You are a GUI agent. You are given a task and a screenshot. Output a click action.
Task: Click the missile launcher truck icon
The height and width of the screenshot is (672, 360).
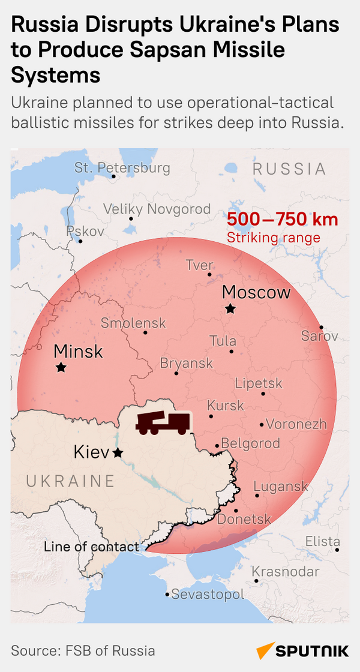coord(163,423)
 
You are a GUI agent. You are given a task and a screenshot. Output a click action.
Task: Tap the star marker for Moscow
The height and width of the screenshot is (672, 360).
coord(230,308)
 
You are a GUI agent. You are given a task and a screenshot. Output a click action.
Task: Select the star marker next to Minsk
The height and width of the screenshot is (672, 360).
coord(61,367)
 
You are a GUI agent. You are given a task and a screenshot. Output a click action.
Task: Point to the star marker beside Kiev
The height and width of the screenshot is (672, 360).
coord(118,452)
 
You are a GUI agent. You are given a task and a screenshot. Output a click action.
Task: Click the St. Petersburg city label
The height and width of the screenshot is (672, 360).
coord(122,167)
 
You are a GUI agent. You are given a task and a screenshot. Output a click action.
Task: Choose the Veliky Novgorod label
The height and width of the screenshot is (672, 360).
coord(157,209)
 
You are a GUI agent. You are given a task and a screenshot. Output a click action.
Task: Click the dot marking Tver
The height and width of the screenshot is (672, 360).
coord(209,275)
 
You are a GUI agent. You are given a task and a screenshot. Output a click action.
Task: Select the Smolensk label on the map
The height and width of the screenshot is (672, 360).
coord(133,323)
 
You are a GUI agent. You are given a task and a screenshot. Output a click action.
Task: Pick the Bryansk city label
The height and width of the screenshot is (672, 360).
coord(187,364)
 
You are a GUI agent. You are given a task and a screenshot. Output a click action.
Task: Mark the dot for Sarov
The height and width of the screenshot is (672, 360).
coord(321,328)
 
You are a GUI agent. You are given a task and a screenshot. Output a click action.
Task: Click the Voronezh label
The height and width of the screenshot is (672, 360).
coord(296,424)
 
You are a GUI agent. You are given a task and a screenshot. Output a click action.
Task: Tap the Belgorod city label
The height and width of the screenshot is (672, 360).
coord(251,443)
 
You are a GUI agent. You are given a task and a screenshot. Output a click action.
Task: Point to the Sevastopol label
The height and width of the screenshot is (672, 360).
coord(208,595)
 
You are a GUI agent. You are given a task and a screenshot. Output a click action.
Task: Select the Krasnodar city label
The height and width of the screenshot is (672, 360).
coord(285,571)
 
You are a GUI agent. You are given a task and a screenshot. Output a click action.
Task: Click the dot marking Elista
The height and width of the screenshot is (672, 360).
coord(337,550)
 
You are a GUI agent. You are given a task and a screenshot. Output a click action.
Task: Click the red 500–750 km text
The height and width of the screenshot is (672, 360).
coord(282,220)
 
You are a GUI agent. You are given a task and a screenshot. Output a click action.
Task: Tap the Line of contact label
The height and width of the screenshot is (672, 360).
coord(91,547)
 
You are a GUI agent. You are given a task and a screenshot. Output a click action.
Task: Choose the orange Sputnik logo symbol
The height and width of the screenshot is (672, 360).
coord(264,651)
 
